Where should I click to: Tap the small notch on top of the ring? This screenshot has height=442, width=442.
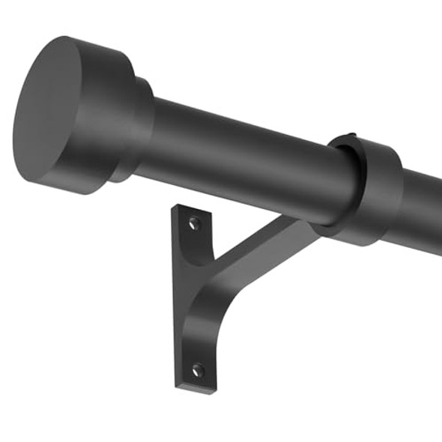352,143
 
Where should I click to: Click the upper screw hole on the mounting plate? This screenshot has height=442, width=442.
195,223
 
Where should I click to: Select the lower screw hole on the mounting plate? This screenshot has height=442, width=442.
197,369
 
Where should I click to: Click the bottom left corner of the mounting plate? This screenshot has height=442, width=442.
178,385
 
